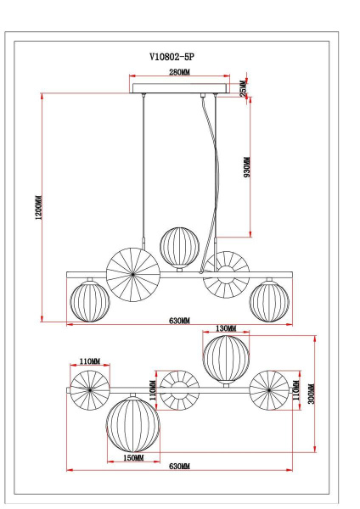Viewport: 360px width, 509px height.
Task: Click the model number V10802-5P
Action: pos(178,57)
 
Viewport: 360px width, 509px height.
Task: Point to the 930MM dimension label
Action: pos(247,167)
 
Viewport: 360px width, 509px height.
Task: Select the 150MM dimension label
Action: pos(132,457)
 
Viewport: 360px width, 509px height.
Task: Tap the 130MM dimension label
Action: pos(226,328)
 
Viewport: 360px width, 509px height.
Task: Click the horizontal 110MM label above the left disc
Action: pos(90,361)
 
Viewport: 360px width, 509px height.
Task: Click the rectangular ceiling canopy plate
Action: pos(179,88)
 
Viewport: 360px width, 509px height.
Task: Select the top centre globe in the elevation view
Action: pos(179,246)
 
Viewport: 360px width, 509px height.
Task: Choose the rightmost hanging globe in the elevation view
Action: pos(267,301)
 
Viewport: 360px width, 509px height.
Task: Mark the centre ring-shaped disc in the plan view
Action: pos(179,390)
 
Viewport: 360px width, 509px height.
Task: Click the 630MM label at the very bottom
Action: pos(179,467)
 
